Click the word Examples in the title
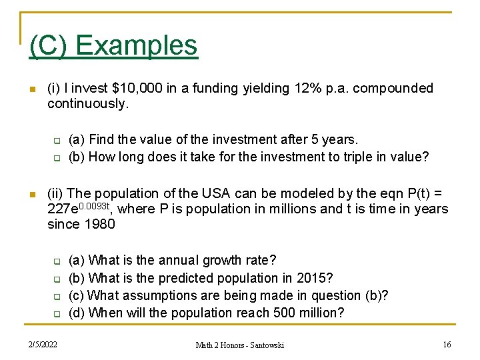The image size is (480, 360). click(x=137, y=45)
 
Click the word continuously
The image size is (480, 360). click(x=87, y=104)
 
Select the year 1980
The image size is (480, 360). click(x=100, y=225)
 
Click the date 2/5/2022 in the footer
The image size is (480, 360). click(x=43, y=345)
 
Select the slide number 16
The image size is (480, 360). click(x=447, y=345)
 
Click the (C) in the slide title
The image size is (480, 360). click(x=48, y=45)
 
